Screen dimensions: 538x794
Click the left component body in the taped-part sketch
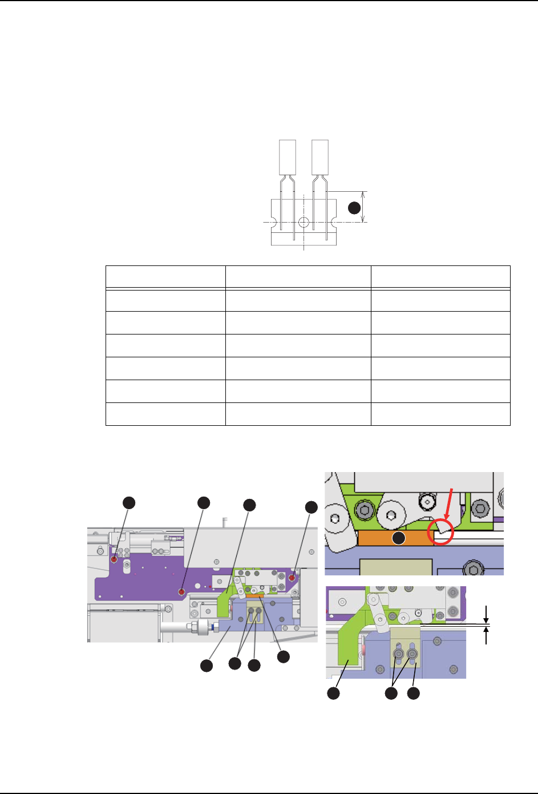[x=288, y=157]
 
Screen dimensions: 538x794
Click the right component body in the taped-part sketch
[x=320, y=157]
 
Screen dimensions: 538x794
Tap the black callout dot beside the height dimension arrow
[x=355, y=208]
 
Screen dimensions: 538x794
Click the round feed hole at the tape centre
[x=304, y=221]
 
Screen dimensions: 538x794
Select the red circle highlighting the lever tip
[x=440, y=531]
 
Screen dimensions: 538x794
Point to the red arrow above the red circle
[x=448, y=502]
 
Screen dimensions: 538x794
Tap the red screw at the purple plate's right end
[x=292, y=578]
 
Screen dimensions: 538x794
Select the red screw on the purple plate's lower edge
[x=181, y=593]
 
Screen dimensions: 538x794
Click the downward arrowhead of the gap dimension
[x=486, y=620]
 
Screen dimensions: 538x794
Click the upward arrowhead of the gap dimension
[x=486, y=631]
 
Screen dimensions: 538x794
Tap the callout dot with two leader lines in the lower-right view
[x=391, y=694]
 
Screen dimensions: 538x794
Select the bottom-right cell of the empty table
[x=440, y=414]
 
